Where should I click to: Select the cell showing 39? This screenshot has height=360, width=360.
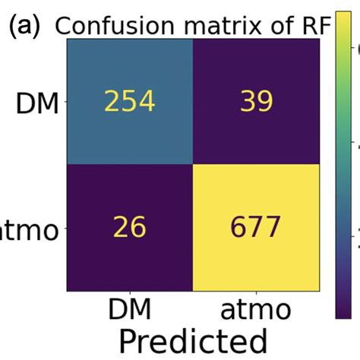click(257, 102)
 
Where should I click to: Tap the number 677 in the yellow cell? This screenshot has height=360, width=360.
click(257, 229)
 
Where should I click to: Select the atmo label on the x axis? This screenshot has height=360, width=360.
click(257, 311)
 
